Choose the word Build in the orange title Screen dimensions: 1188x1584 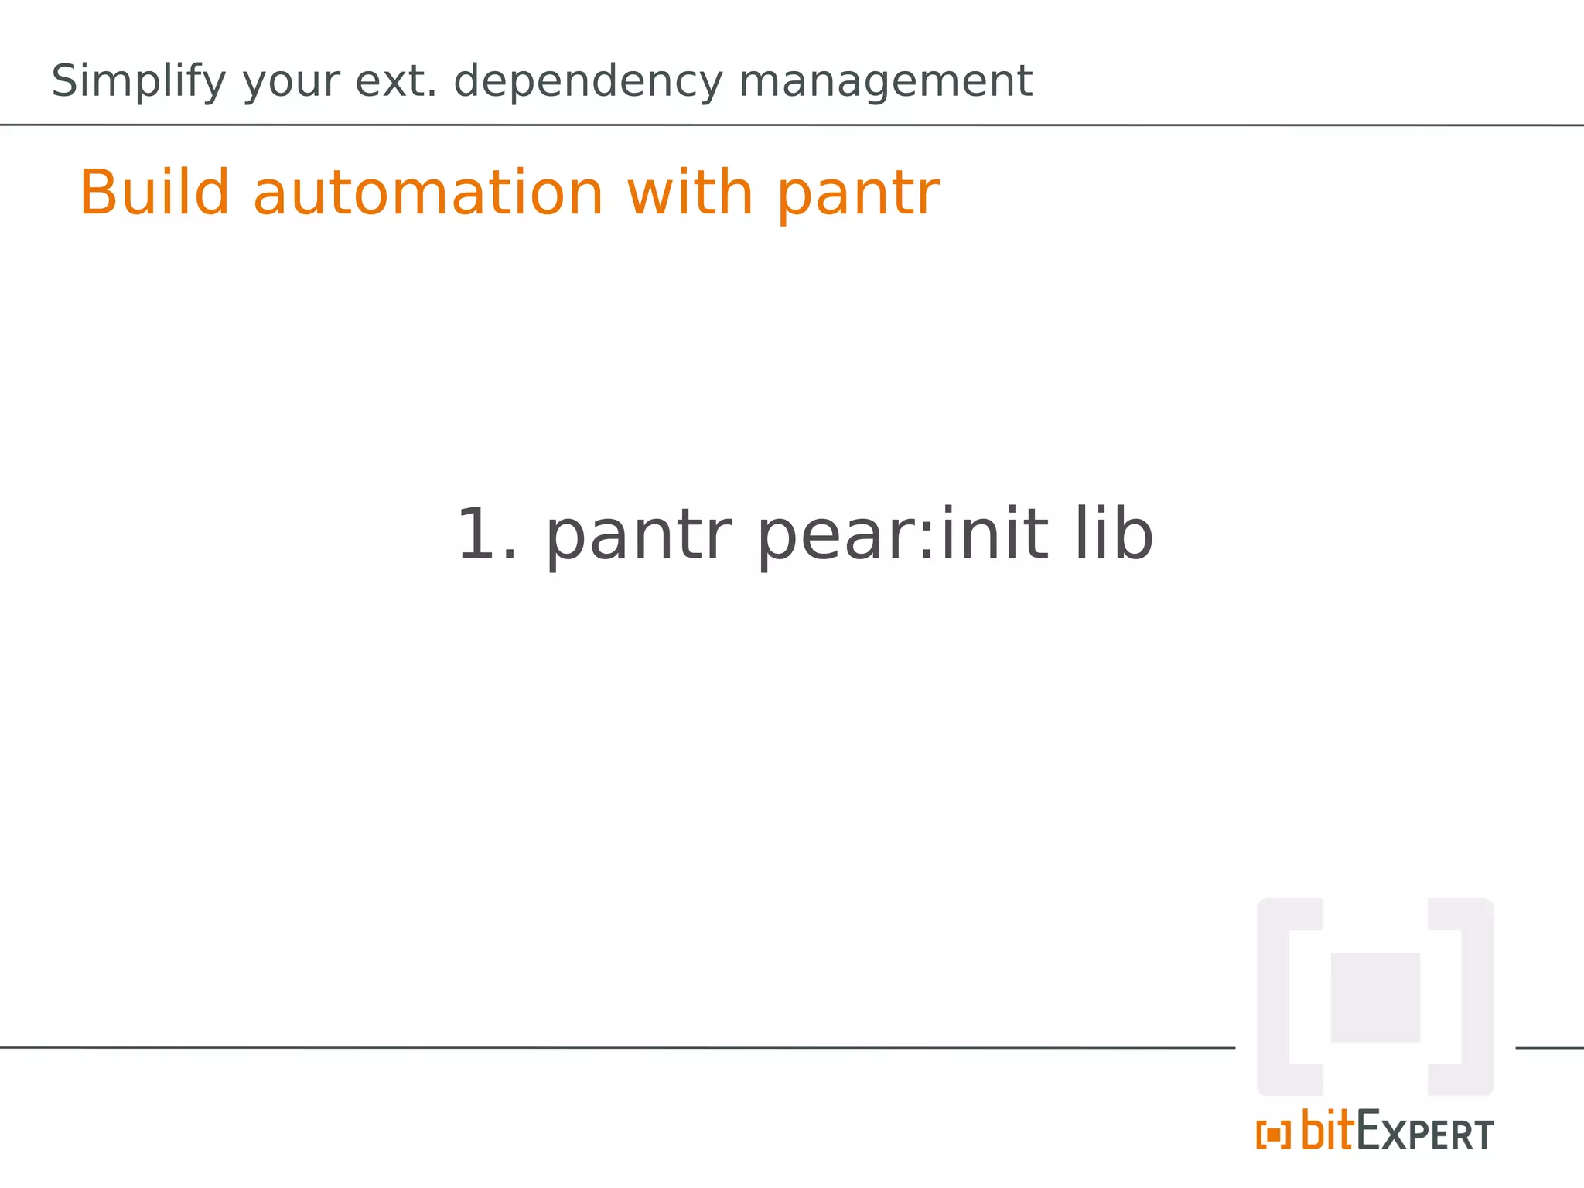(155, 193)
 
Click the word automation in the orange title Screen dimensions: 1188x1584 (428, 193)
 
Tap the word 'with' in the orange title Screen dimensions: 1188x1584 (690, 193)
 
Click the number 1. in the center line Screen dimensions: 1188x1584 (486, 534)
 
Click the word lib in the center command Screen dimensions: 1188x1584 (1114, 534)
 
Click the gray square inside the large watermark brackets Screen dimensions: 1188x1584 (1375, 998)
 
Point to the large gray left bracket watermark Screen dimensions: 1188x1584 (1284, 997)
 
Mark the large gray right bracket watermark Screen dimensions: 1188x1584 (1466, 997)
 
